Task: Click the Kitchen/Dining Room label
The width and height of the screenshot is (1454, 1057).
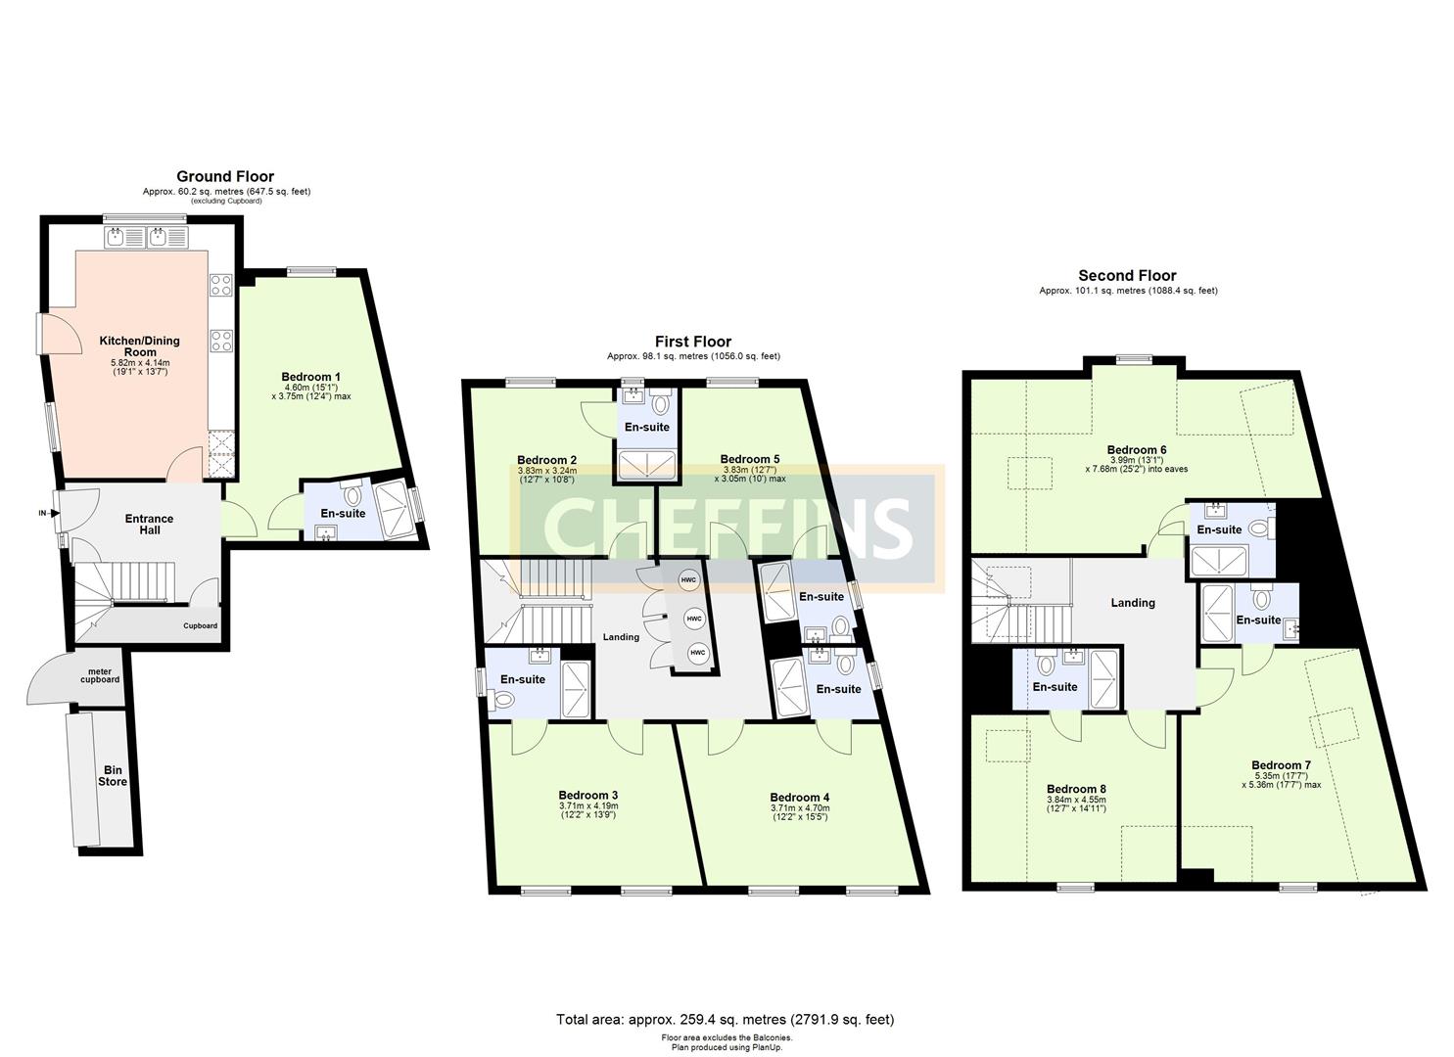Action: [x=140, y=346]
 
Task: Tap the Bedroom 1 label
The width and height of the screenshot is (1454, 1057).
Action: [x=310, y=377]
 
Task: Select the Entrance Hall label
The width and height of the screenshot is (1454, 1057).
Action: [x=149, y=525]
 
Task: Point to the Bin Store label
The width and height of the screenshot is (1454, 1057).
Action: [x=113, y=776]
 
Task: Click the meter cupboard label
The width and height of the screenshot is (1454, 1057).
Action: [x=100, y=674]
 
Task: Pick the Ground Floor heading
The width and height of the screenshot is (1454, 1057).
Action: [x=225, y=177]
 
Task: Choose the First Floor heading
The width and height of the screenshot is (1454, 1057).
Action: [x=693, y=342]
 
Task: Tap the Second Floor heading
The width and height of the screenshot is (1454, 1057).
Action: [x=1127, y=276]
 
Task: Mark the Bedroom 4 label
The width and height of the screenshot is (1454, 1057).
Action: [x=800, y=797]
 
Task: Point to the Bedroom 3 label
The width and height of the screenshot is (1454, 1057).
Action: [x=588, y=795]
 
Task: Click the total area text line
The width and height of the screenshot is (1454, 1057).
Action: [x=725, y=1020]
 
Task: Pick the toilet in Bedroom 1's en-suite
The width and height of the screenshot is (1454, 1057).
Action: [x=352, y=495]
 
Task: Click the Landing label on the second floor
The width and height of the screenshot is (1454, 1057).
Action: [x=1133, y=603]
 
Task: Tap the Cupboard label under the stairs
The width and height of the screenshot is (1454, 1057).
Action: [x=200, y=626]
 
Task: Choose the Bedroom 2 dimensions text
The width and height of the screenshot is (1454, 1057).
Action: [x=546, y=475]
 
